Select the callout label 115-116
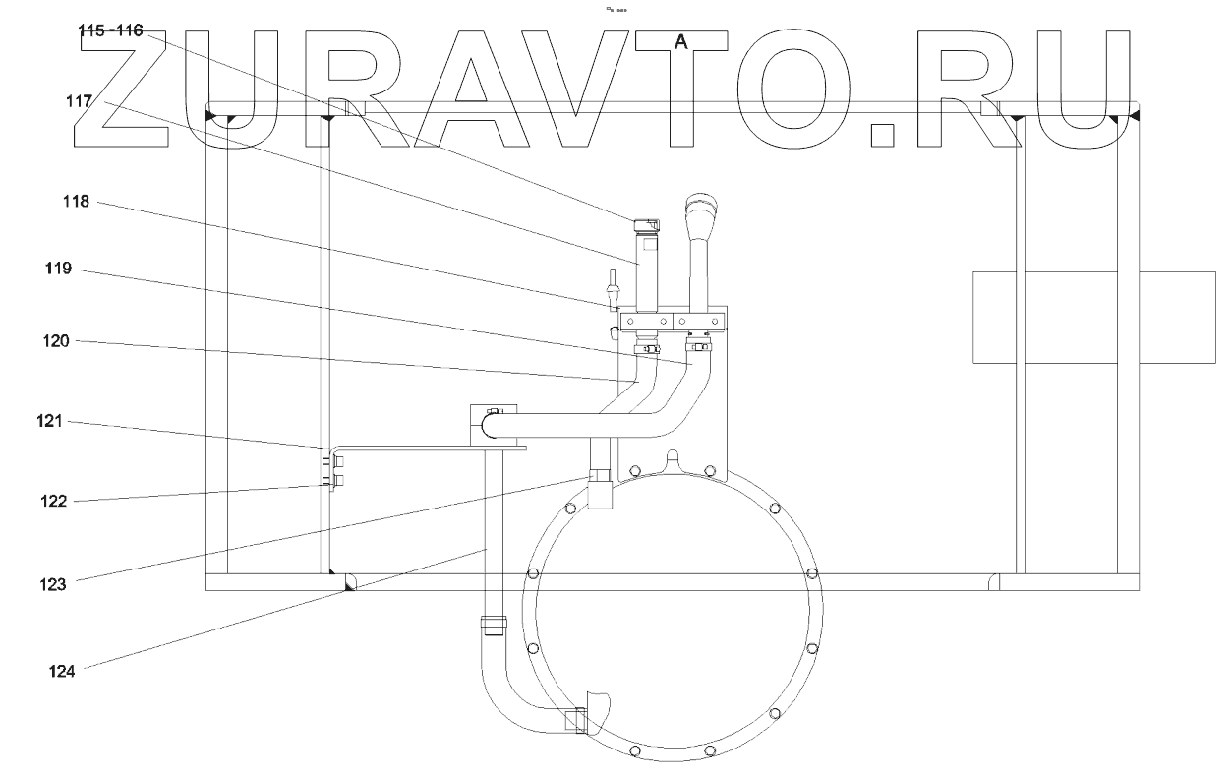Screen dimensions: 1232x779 tap(111, 31)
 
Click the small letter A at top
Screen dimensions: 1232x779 tap(679, 41)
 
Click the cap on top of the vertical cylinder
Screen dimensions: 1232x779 tap(647, 225)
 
